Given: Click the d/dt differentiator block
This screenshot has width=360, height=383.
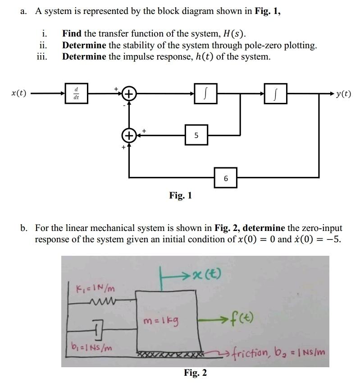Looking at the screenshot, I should [76, 93].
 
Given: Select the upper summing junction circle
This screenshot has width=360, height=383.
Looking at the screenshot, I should [129, 94].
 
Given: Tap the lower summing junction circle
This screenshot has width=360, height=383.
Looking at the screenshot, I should [129, 135].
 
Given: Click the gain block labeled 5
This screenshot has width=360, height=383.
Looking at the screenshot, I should [196, 135].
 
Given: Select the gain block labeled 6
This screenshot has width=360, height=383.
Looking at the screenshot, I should [226, 179].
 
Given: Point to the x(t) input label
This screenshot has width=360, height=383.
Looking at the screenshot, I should [18, 93].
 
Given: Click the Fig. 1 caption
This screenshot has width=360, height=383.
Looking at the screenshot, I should [181, 195].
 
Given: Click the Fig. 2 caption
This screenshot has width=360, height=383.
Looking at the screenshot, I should [195, 373].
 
